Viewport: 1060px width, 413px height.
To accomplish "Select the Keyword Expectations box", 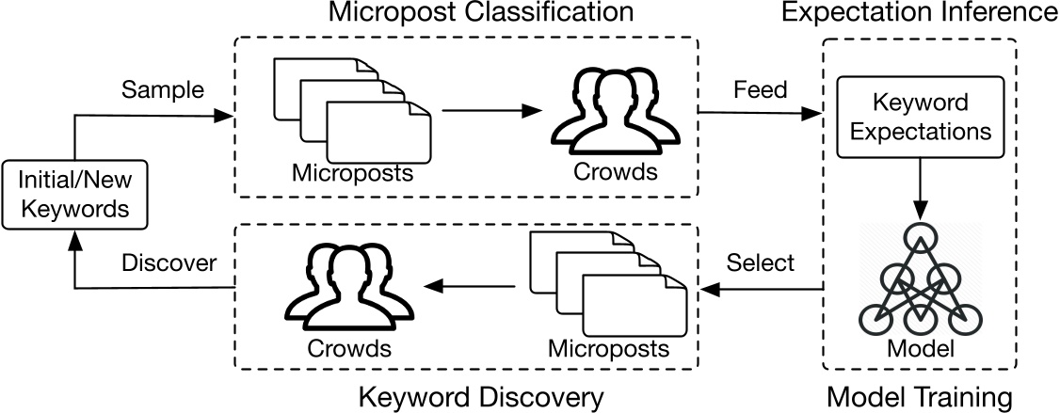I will pos(920,118).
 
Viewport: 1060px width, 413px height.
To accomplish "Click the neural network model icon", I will pos(920,278).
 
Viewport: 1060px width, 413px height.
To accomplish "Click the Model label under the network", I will pos(920,349).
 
